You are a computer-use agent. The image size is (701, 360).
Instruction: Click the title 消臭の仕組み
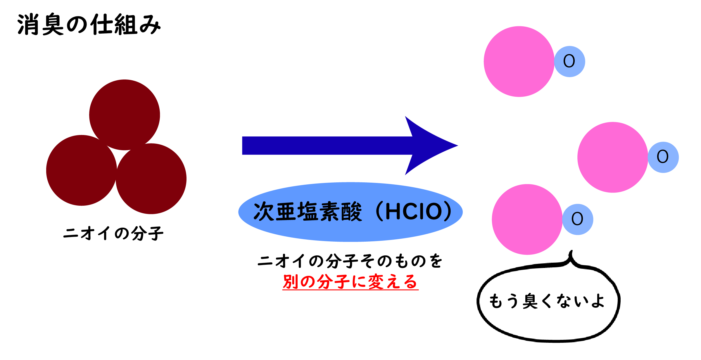click(89, 25)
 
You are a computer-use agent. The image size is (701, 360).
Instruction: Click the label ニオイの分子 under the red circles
click(113, 233)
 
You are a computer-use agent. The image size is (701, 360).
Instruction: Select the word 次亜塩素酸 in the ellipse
click(308, 212)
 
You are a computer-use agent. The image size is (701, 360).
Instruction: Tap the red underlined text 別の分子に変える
click(350, 282)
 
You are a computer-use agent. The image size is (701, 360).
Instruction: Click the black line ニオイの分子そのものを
click(350, 261)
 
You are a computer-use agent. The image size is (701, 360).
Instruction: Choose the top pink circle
click(519, 62)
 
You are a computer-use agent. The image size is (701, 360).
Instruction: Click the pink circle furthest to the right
click(612, 157)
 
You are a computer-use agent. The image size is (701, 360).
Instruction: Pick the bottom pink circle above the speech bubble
click(527, 219)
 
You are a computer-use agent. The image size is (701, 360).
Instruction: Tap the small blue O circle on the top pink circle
click(569, 62)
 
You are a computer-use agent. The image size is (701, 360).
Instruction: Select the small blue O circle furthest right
click(663, 157)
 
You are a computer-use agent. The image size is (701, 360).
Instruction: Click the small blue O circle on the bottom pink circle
click(578, 219)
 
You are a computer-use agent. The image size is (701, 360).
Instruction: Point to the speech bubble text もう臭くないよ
click(547, 301)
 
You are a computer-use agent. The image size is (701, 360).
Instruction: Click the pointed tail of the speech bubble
click(571, 254)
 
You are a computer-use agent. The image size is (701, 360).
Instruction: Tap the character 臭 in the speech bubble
click(530, 301)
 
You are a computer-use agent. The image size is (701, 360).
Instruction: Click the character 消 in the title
click(28, 25)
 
